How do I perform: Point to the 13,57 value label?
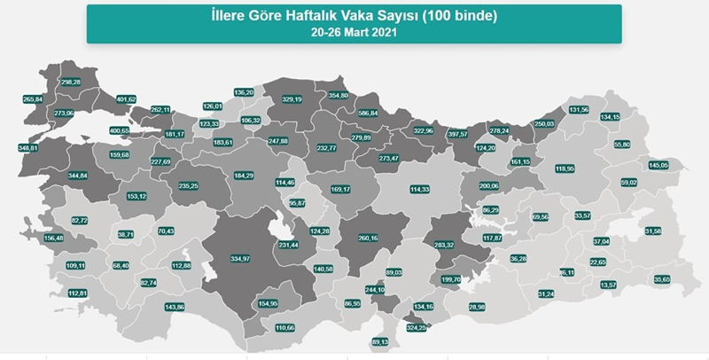point(608,285)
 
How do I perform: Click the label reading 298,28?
point(70,82)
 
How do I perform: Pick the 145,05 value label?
point(658,165)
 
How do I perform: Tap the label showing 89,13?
point(380,341)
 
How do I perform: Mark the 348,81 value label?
point(28,146)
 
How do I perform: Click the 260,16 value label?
point(368,239)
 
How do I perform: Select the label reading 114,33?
point(419,189)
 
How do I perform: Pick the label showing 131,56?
point(578,109)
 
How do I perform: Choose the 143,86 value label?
point(175,307)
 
